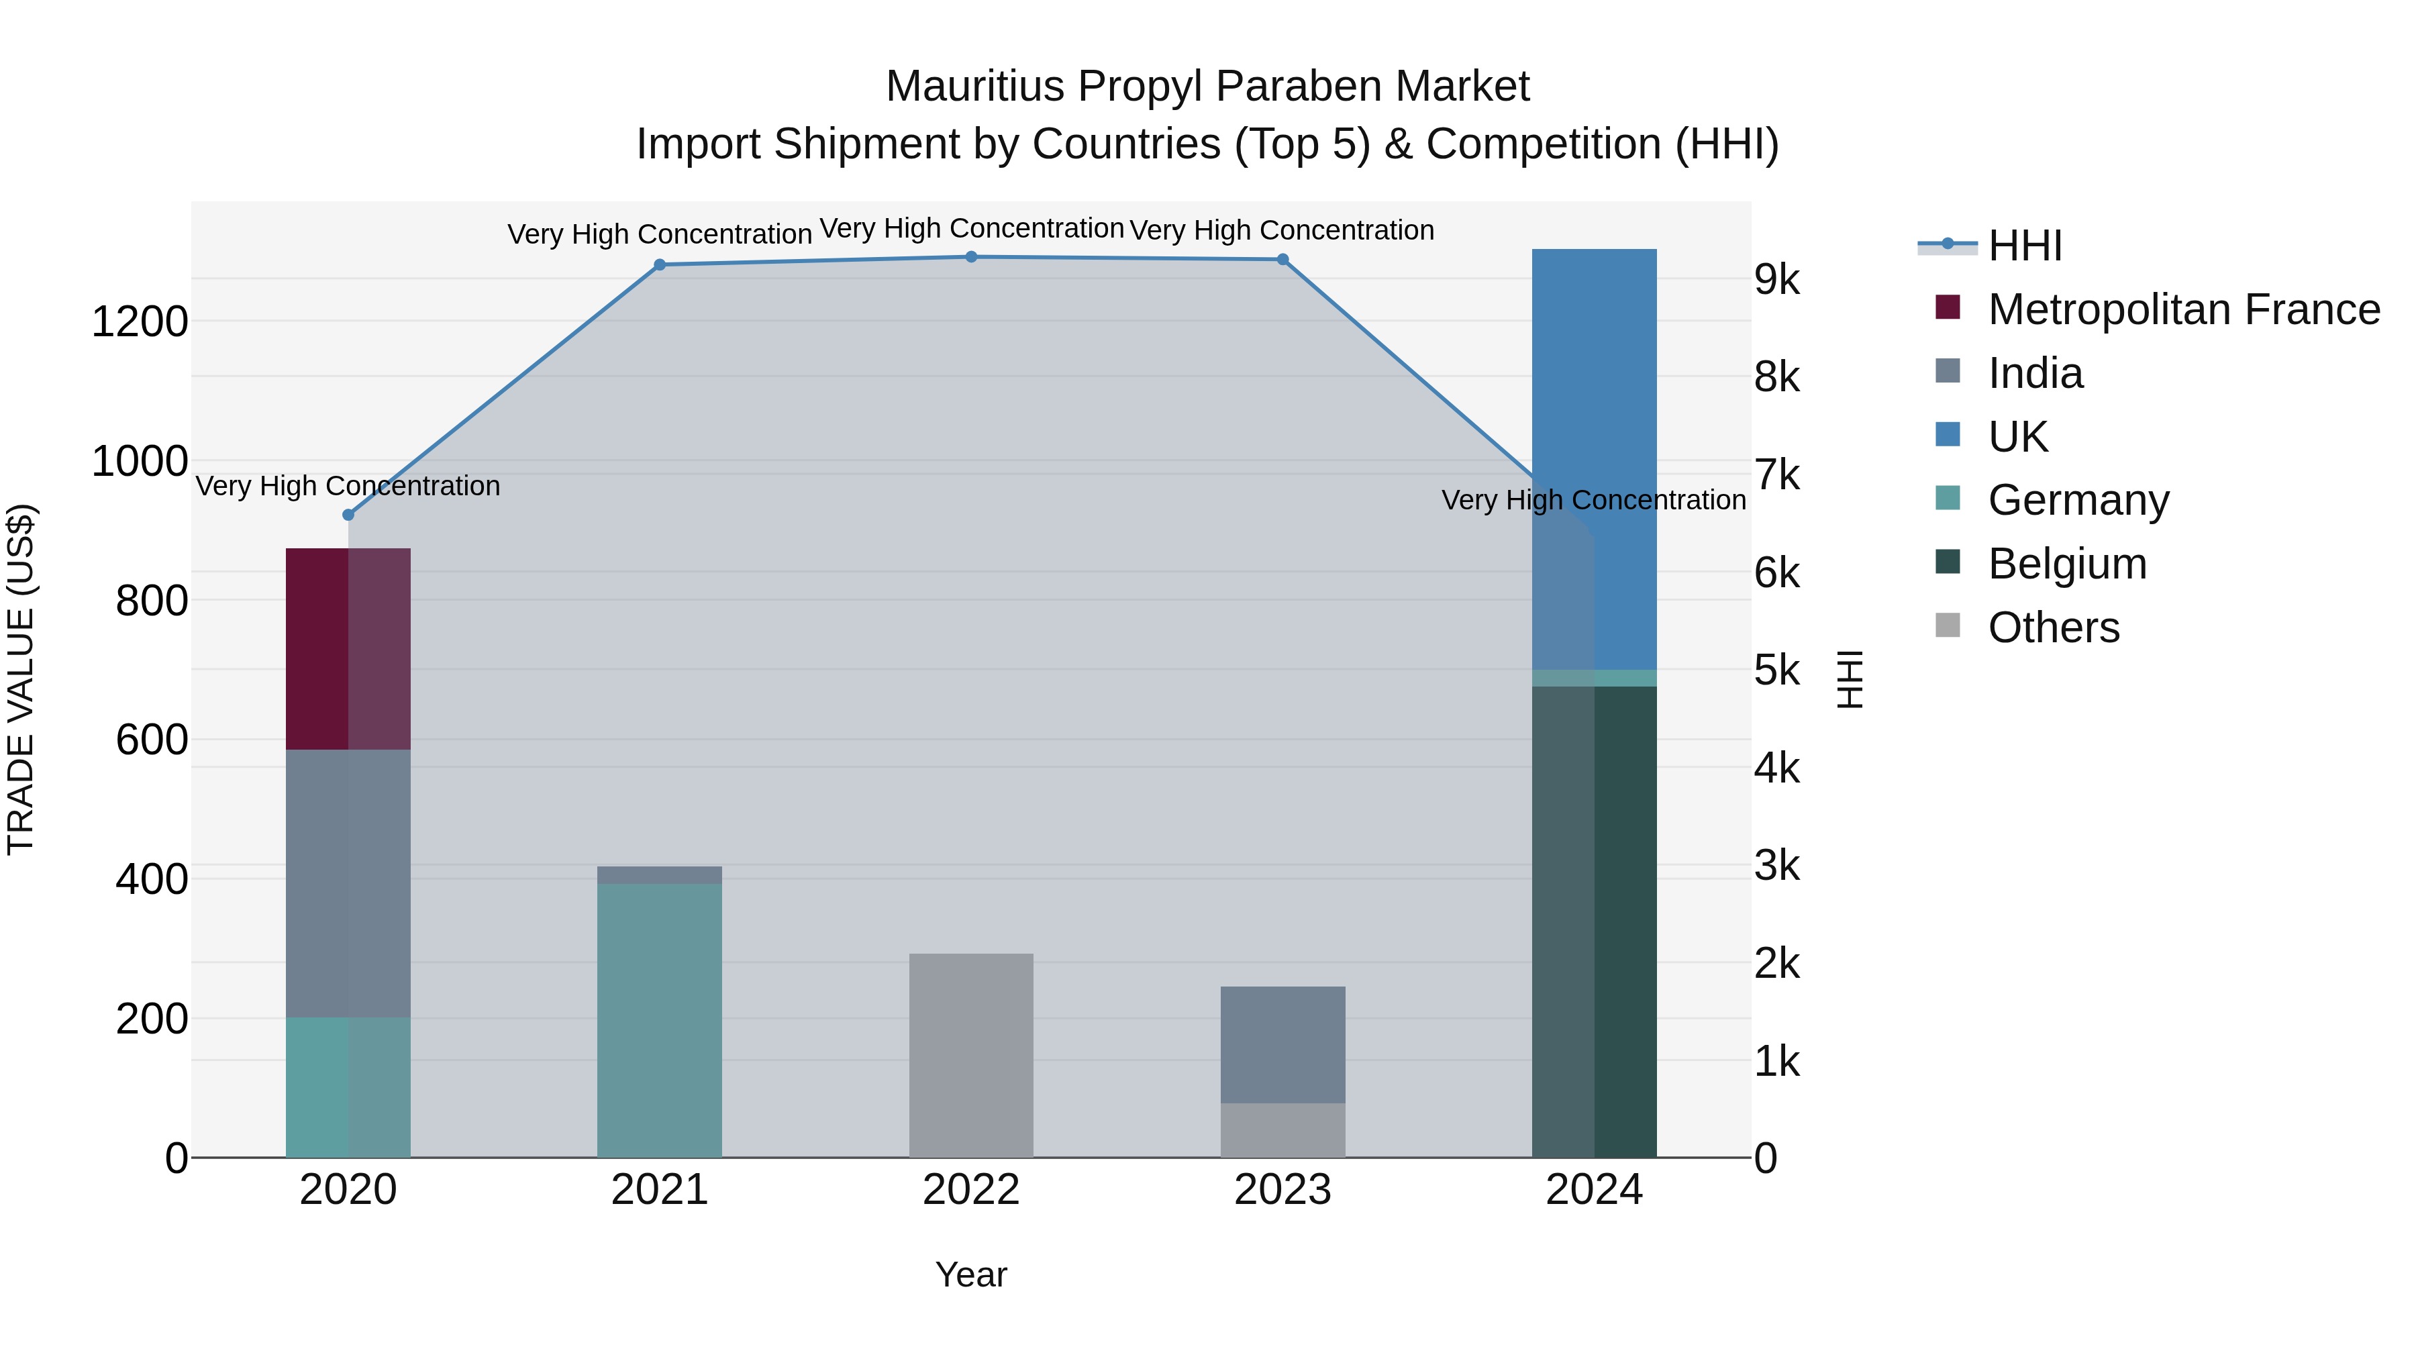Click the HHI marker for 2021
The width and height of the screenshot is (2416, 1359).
pos(659,264)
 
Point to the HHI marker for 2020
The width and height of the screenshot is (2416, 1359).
pos(348,515)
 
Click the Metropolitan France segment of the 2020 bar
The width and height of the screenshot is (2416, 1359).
pos(348,649)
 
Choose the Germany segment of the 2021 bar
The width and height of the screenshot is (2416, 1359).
pos(659,1020)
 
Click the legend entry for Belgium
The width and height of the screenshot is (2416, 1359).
pos(2067,564)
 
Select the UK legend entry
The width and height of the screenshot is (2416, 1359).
pos(2017,437)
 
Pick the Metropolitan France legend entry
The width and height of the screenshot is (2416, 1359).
pos(2183,309)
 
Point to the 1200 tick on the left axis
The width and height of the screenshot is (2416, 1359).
pos(140,321)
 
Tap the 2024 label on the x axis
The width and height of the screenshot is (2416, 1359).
pos(1593,1190)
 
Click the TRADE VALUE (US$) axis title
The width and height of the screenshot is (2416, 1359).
pos(21,679)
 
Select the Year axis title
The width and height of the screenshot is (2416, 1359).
pos(970,1274)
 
